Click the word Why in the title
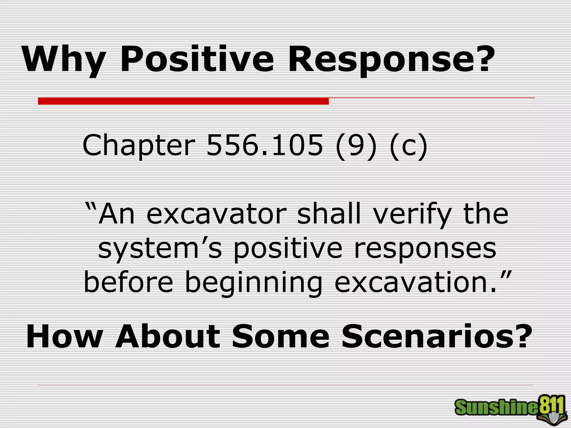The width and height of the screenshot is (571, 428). pos(64,59)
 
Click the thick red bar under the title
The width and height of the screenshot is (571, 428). pos(183,101)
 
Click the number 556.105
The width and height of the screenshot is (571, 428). pos(264,145)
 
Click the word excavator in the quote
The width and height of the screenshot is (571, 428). pos(216,214)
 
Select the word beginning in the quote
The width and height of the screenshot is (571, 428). pos(253,283)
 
